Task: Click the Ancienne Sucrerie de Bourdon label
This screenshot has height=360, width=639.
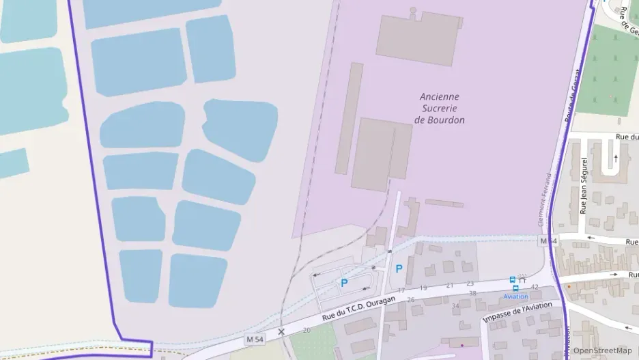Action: click(x=440, y=109)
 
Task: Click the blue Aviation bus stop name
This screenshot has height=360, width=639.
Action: click(x=515, y=296)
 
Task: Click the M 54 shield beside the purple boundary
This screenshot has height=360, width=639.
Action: click(x=548, y=241)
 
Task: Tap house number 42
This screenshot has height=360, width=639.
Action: click(x=534, y=287)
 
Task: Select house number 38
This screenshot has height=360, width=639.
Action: click(x=472, y=294)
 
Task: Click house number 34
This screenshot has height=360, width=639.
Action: click(x=455, y=305)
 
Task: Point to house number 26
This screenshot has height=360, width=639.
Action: click(x=410, y=300)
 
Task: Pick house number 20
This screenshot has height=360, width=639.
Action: click(x=307, y=331)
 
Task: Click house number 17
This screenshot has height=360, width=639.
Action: click(x=401, y=290)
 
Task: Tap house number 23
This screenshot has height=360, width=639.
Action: click(x=470, y=283)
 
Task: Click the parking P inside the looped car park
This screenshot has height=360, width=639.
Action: click(x=344, y=282)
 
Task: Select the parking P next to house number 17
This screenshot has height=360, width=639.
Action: click(x=399, y=268)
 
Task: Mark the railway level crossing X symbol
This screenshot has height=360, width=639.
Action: click(x=281, y=332)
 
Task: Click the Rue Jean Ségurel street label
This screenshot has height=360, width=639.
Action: click(x=584, y=186)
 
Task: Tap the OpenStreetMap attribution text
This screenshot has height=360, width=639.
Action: click(x=602, y=350)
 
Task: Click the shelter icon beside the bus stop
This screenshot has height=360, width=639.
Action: click(x=522, y=278)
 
